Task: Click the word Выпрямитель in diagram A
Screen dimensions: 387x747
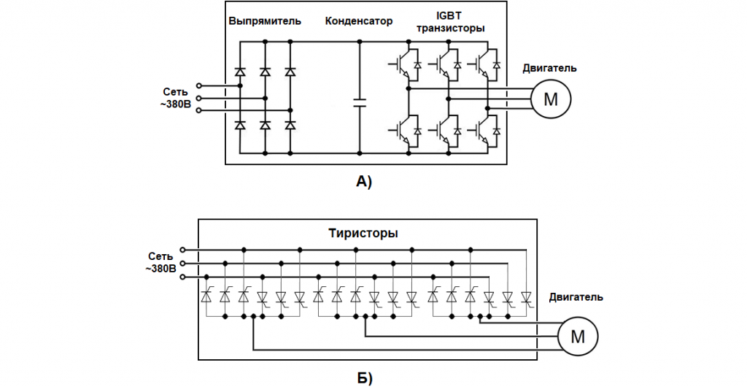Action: pyautogui.click(x=264, y=21)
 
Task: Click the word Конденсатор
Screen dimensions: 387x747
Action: pyautogui.click(x=358, y=21)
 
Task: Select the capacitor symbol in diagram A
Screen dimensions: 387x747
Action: pyautogui.click(x=360, y=101)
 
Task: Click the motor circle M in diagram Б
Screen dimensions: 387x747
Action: pyautogui.click(x=578, y=336)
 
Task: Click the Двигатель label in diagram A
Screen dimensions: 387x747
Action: pyautogui.click(x=549, y=68)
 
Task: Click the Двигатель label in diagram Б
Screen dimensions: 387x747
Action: pyautogui.click(x=576, y=297)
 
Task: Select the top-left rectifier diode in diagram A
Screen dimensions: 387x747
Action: pyautogui.click(x=240, y=72)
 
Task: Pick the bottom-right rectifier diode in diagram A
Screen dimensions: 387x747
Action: pyautogui.click(x=290, y=125)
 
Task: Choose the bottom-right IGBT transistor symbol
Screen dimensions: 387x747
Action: pyautogui.click(x=484, y=130)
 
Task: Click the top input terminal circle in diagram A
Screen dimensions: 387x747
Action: pyautogui.click(x=198, y=85)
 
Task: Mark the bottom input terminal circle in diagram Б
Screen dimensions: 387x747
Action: pyautogui.click(x=182, y=277)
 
